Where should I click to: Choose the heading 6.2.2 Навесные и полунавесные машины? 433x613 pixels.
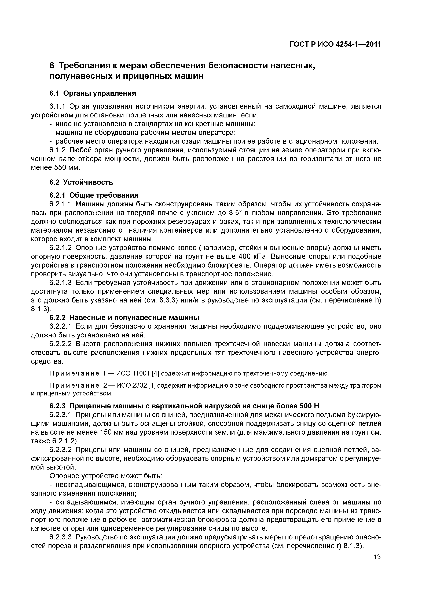click(x=124, y=318)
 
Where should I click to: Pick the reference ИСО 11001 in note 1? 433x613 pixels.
click(x=134, y=373)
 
